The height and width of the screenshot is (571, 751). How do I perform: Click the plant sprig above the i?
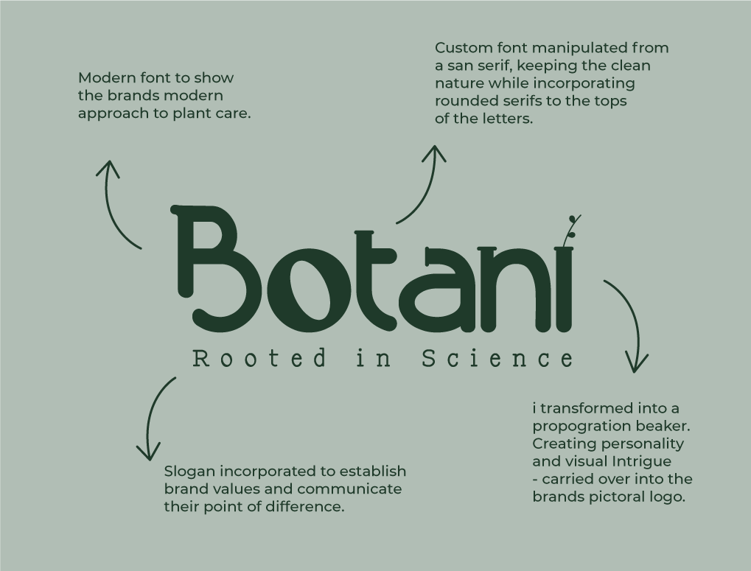pyautogui.click(x=572, y=231)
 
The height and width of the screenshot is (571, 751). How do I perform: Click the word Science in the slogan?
pyautogui.click(x=497, y=359)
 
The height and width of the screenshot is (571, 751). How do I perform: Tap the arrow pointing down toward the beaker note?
pyautogui.click(x=633, y=316)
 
